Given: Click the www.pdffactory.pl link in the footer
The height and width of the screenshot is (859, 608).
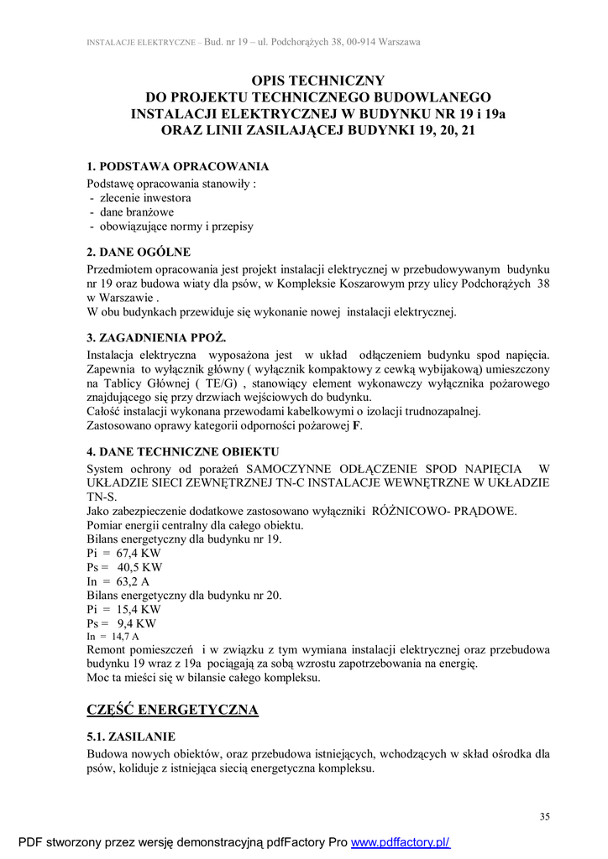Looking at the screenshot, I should [400, 842].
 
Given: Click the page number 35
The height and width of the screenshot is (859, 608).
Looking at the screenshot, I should [545, 816].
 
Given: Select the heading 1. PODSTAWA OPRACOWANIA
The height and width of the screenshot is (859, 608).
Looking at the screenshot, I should [178, 166].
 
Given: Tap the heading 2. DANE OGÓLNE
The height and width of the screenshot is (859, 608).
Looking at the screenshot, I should [139, 252].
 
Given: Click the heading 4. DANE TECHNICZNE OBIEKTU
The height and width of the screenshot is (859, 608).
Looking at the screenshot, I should [182, 452].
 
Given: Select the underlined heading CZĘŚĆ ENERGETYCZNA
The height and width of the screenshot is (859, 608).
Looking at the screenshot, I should [173, 710].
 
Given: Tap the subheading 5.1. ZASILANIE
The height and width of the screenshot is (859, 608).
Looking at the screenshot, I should [131, 737].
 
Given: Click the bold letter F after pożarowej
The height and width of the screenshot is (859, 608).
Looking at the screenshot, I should [356, 425].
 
